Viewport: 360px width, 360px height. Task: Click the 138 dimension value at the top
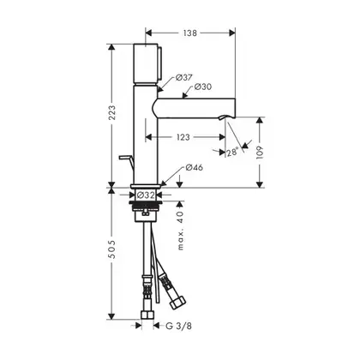click(190, 33)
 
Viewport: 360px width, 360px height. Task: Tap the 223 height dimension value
click(112, 112)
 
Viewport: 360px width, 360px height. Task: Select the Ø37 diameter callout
click(183, 77)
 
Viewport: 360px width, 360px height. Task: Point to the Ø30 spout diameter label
click(203, 87)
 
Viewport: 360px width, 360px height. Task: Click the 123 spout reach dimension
click(183, 137)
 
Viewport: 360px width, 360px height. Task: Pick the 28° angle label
click(232, 153)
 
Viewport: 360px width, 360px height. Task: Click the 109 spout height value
click(260, 153)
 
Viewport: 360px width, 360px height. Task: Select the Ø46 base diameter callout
click(195, 167)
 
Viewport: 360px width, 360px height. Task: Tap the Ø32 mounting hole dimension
click(146, 195)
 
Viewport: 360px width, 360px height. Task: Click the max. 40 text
click(181, 231)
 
